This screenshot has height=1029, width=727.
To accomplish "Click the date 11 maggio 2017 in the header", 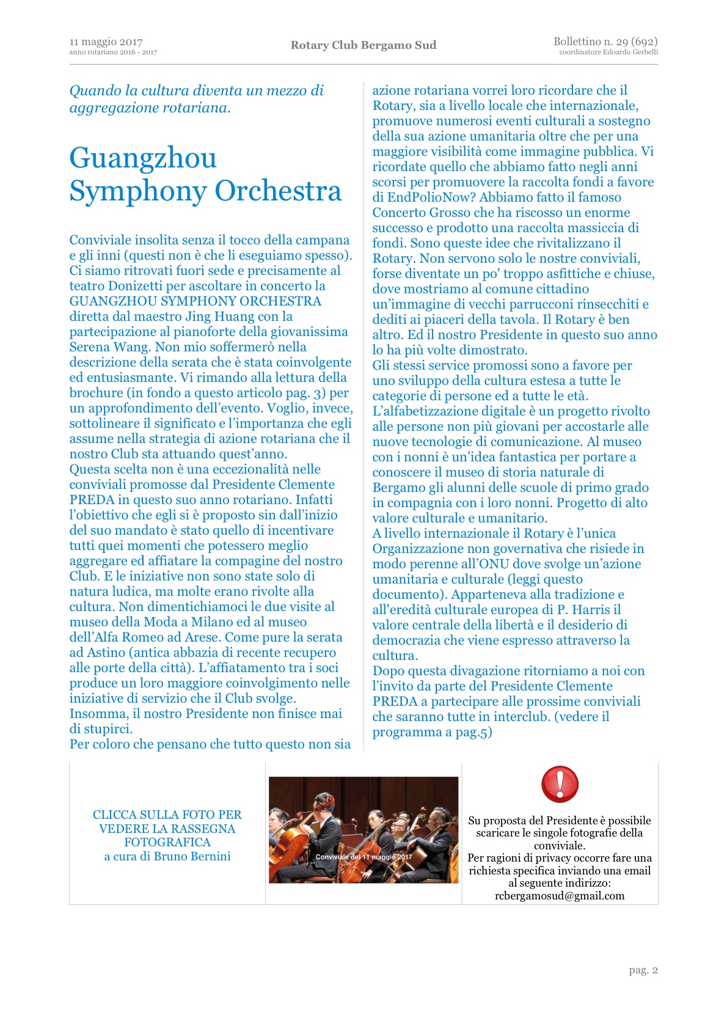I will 106,42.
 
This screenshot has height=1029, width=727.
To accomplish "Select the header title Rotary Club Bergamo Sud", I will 364,45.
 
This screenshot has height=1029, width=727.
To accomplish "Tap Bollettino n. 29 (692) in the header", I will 605,42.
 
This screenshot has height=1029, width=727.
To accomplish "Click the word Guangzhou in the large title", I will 143,158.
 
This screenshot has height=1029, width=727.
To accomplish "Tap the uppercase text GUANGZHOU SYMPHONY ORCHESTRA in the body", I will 195,301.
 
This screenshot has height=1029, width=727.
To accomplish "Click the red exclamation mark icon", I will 559,784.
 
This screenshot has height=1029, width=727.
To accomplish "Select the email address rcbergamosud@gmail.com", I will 560,896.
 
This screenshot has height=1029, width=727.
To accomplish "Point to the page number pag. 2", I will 643,970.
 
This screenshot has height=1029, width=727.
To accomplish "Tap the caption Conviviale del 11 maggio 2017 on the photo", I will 364,857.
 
